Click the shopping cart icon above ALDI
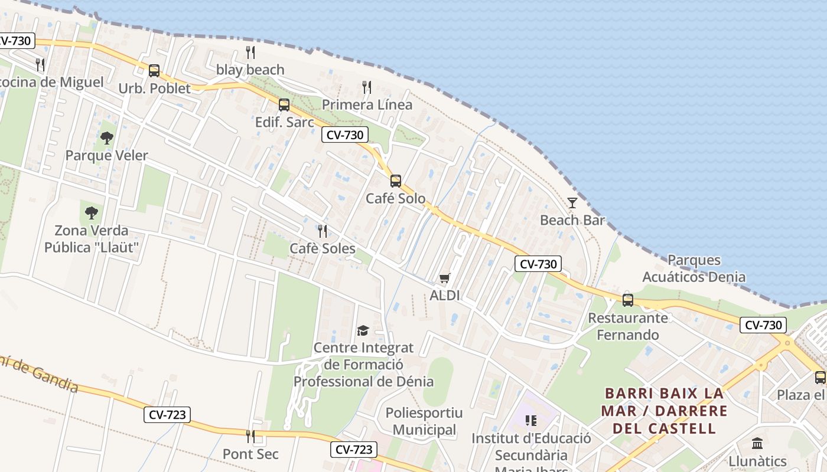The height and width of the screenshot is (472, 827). tap(445, 278)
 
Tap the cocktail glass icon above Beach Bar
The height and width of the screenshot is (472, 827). tap(572, 203)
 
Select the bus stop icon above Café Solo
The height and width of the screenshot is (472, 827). tap(396, 181)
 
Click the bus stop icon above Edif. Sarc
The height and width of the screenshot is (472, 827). tap(284, 105)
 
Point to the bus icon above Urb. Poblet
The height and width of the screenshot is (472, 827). tap(154, 71)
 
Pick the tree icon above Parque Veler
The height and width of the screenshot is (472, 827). tap(107, 138)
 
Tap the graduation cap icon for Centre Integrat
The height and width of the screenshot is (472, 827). tap(363, 330)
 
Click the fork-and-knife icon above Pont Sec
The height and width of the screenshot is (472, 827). tap(250, 437)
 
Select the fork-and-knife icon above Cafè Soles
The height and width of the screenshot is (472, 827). tap(323, 231)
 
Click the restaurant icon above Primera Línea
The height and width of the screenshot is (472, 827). tap(367, 87)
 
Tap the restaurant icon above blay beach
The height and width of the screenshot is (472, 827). tap(250, 53)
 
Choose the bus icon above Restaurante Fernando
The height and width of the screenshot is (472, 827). tap(628, 300)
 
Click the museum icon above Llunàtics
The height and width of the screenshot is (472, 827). tap(757, 443)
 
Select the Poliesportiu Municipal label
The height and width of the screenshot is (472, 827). tap(424, 421)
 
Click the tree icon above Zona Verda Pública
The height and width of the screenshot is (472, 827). tap(92, 212)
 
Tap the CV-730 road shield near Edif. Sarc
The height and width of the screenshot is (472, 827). tap(345, 135)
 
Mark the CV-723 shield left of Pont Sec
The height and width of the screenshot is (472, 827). tap(168, 415)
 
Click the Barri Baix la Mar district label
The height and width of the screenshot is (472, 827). tap(663, 410)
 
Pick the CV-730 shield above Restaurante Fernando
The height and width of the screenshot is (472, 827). tap(538, 264)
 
